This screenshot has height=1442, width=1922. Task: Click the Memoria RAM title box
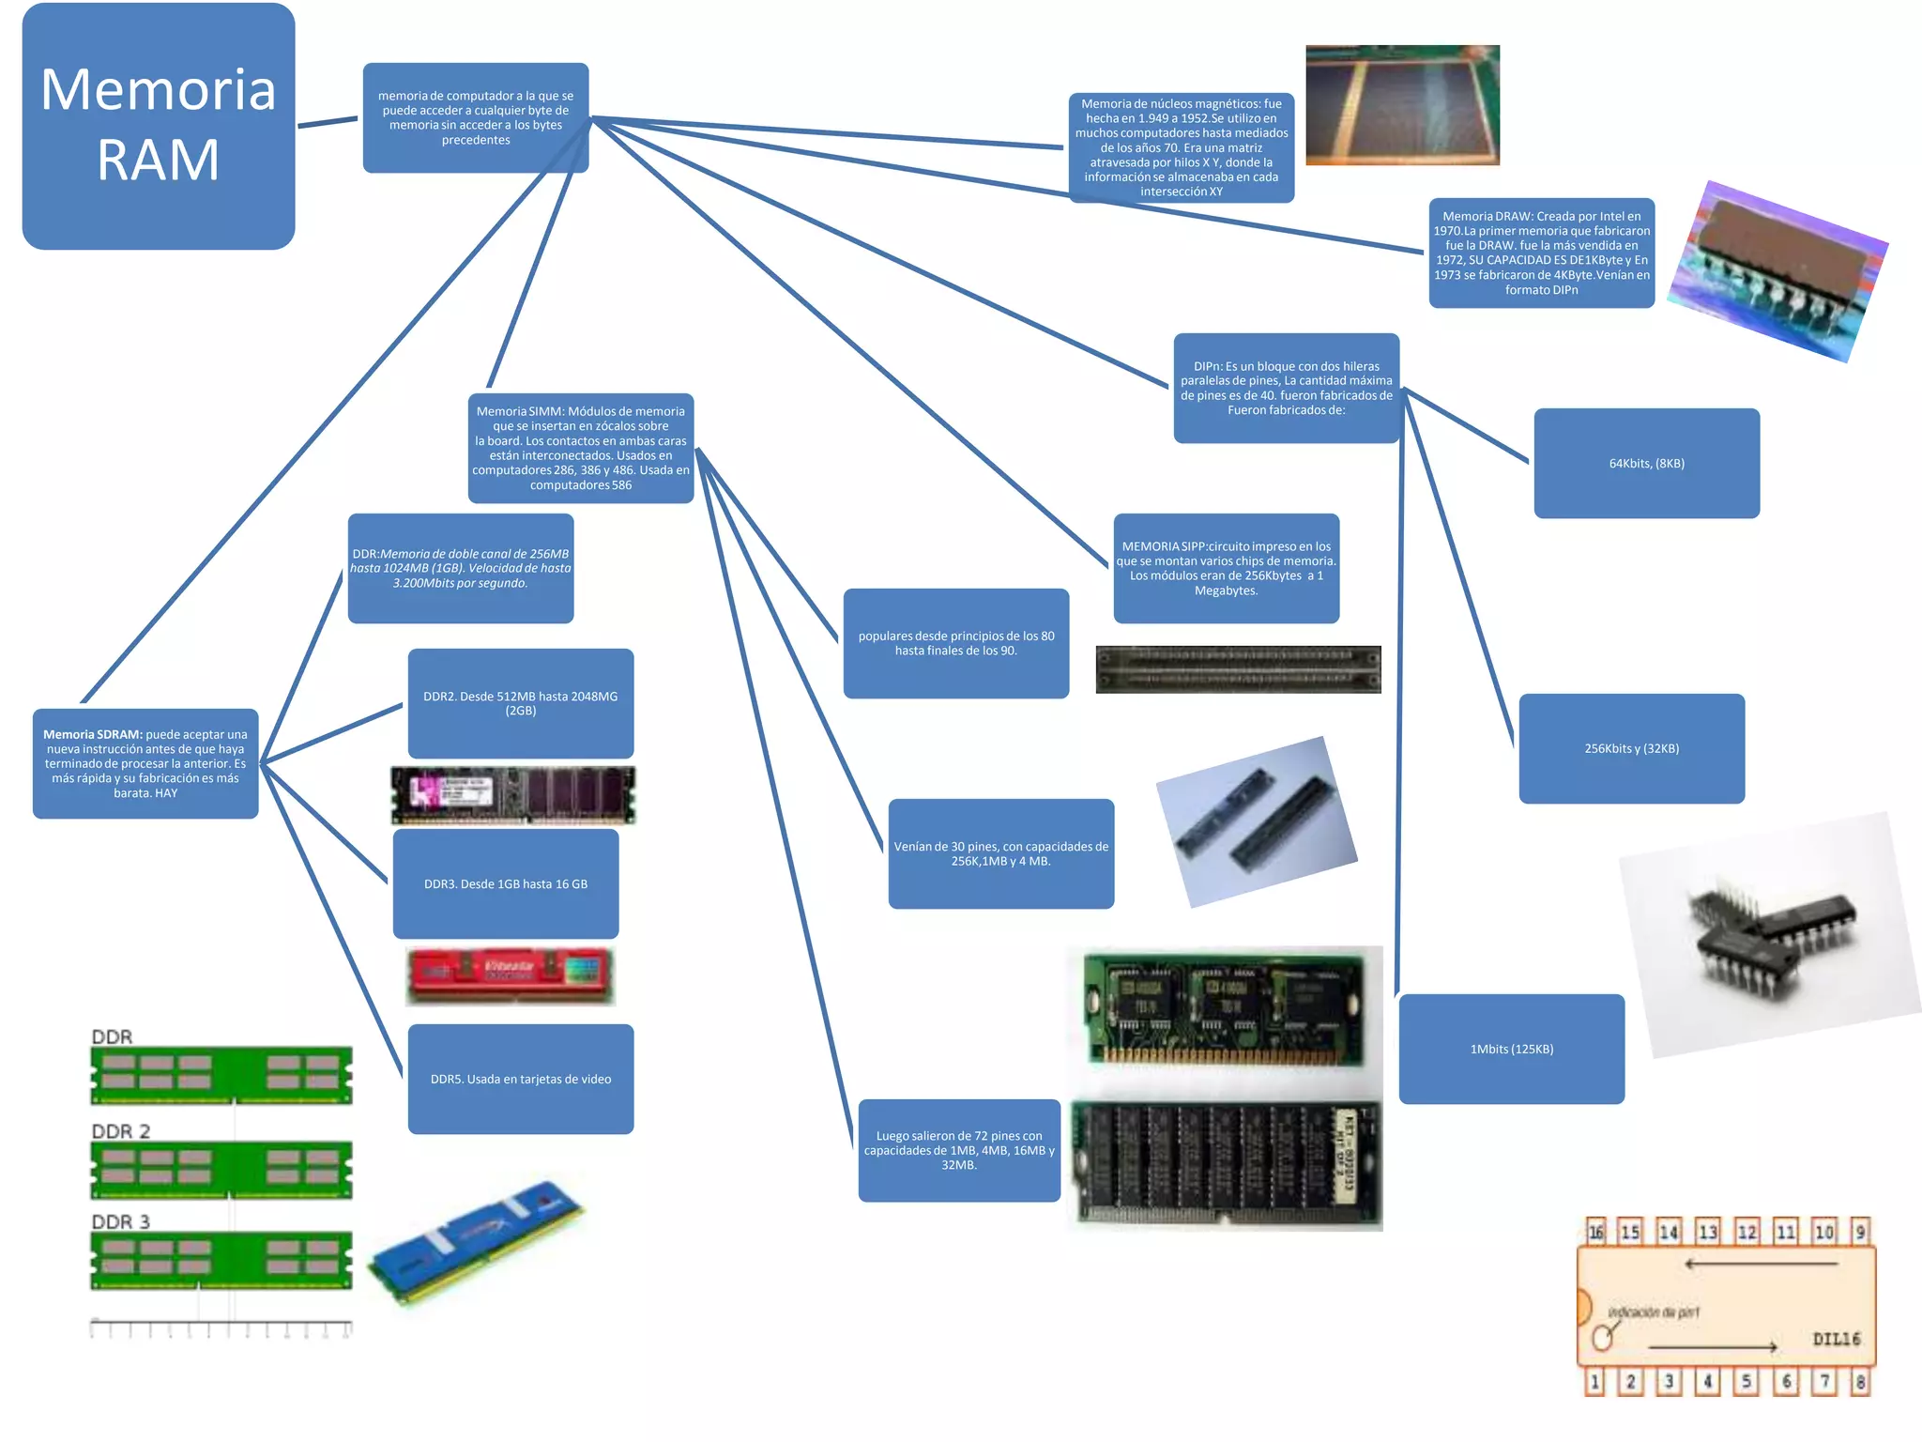point(158,126)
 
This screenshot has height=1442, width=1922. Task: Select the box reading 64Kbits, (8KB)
point(1646,463)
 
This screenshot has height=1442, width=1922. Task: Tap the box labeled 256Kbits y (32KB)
point(1631,748)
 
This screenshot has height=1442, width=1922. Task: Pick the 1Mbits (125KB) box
point(1511,1049)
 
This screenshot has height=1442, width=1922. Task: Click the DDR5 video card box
point(521,1079)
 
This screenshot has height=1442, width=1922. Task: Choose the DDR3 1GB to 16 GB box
point(506,883)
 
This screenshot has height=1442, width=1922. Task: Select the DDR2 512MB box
point(521,703)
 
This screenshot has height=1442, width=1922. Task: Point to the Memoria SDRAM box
point(145,763)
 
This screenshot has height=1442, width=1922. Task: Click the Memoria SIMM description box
point(581,448)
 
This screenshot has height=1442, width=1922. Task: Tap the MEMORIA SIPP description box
point(1226,568)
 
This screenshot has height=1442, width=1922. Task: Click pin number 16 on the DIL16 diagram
point(1595,1231)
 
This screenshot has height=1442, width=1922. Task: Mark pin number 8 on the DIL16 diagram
point(1860,1381)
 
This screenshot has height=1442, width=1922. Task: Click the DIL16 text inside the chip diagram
point(1836,1339)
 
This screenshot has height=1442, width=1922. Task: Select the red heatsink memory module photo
point(511,975)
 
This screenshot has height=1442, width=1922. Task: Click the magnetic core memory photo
point(1402,105)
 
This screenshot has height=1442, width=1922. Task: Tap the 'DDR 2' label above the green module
point(120,1131)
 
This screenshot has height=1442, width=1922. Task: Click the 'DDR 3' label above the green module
point(120,1221)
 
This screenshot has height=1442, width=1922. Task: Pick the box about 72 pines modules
point(959,1150)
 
